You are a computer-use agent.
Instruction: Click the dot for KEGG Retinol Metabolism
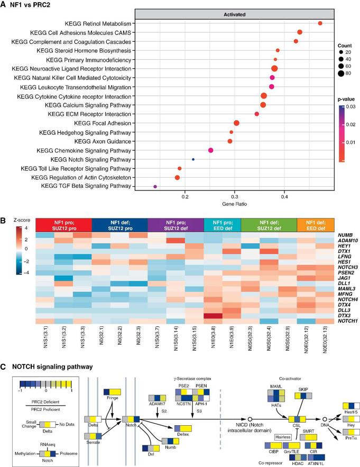click(320, 23)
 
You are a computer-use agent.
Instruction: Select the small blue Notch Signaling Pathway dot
click(193, 159)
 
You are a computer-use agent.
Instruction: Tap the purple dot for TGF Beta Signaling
click(155, 187)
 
